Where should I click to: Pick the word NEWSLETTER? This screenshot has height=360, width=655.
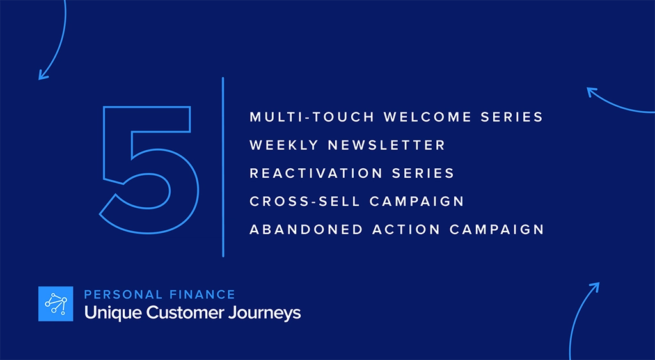click(x=387, y=146)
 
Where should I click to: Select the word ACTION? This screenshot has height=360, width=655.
click(x=402, y=230)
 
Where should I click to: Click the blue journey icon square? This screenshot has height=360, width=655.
click(x=56, y=304)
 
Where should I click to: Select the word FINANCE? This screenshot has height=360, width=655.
click(x=203, y=295)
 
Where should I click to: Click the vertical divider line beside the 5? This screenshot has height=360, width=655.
click(x=223, y=166)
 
